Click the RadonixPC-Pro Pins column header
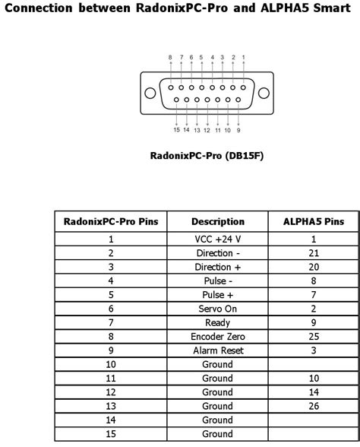tap(111, 222)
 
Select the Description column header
tap(217, 222)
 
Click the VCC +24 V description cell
tap(217, 239)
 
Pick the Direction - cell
tap(217, 253)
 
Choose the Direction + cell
tap(217, 267)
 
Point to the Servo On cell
tap(217, 309)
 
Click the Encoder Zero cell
tap(217, 337)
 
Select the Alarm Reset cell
tap(217, 350)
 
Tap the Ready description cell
tap(217, 322)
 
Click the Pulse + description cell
tap(217, 295)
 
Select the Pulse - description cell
tap(217, 281)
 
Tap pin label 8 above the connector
tap(170, 57)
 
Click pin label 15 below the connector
tap(176, 130)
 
